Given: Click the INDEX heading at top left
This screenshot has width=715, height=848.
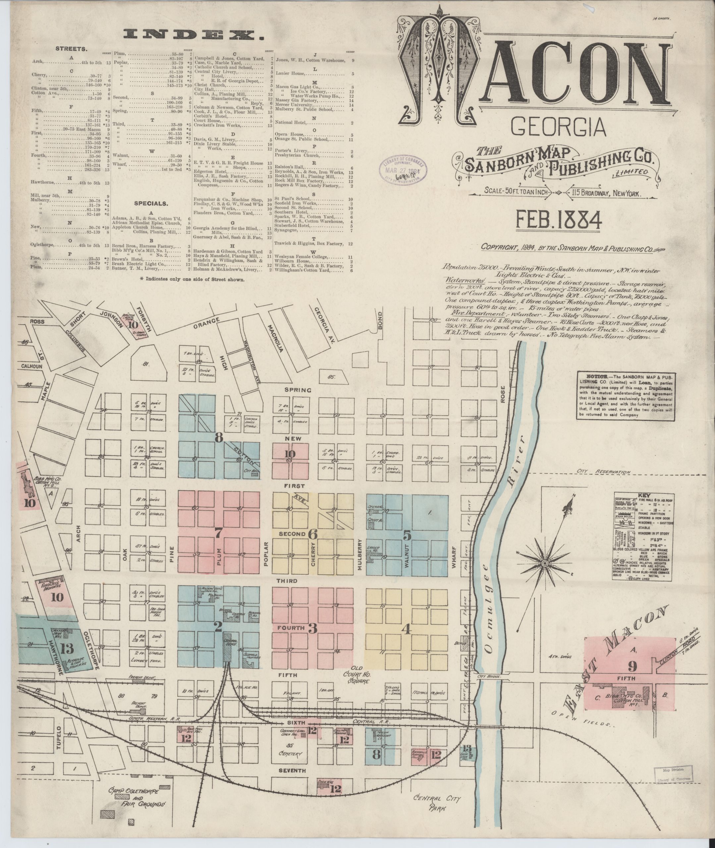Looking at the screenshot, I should [194, 35].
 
